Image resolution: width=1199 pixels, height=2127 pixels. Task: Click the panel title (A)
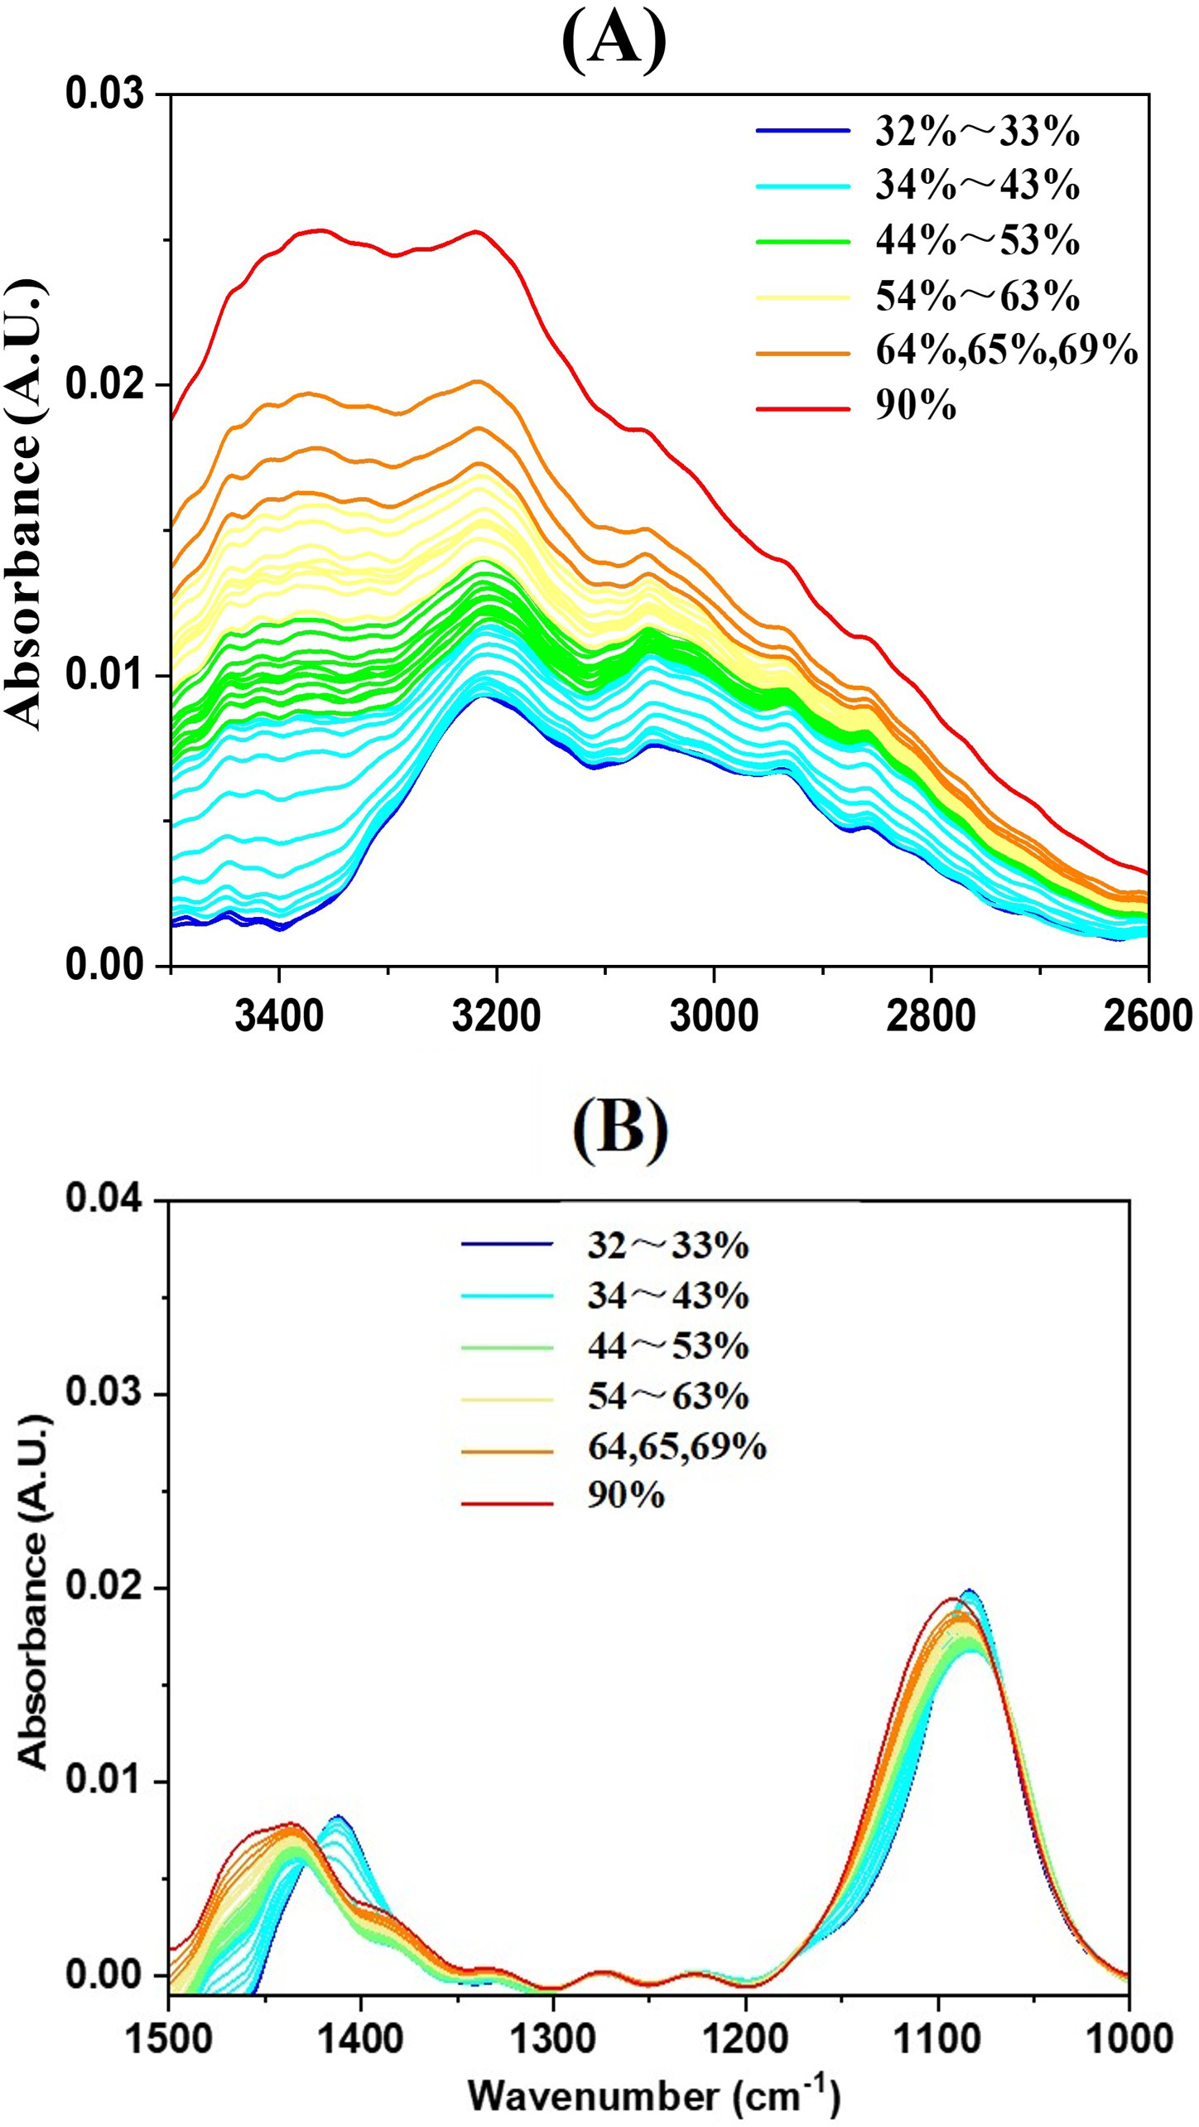[614, 40]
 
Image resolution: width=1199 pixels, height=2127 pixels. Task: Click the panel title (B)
[619, 1126]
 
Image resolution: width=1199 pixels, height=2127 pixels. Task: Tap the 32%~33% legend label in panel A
[977, 131]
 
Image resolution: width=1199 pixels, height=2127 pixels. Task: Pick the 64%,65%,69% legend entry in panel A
[1007, 351]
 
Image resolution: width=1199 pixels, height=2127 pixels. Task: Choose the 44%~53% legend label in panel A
[977, 240]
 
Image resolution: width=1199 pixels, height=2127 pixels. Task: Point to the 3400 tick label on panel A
[279, 1016]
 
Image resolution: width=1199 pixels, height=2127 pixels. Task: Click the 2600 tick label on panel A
[1148, 1016]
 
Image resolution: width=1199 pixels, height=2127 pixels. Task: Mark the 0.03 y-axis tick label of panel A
[104, 94]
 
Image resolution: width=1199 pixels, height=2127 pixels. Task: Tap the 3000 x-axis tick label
[713, 1016]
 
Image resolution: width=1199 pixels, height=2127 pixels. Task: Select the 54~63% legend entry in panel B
[667, 1396]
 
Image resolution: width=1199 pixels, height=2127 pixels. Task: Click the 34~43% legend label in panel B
[667, 1295]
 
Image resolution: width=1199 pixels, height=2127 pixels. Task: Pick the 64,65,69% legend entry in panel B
[677, 1446]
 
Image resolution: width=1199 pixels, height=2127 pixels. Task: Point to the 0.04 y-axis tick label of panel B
[104, 1199]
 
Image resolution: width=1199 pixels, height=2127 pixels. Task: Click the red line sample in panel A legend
[802, 408]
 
